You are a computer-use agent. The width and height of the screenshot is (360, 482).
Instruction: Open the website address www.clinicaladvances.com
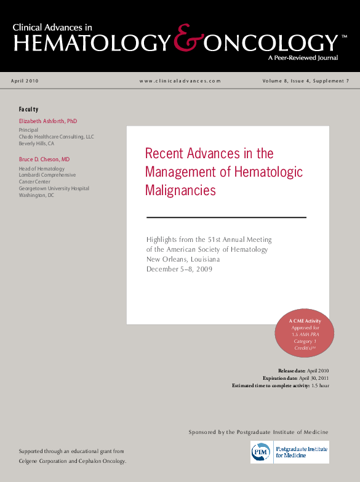(x=180, y=81)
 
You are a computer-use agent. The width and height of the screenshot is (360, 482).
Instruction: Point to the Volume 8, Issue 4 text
(x=284, y=81)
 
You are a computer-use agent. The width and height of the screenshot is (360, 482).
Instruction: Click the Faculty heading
(x=28, y=109)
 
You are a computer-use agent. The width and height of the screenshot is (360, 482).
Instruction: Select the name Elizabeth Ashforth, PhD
(x=48, y=121)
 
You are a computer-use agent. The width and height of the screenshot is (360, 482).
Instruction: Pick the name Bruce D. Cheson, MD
(x=44, y=159)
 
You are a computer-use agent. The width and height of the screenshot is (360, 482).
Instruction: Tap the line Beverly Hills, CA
(x=36, y=143)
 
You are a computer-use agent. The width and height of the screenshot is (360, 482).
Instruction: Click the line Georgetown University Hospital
(x=54, y=188)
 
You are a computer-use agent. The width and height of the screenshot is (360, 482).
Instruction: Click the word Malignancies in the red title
(x=180, y=190)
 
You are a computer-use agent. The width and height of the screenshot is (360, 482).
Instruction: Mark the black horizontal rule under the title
(x=226, y=217)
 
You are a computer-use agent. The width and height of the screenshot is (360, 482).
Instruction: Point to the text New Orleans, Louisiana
(x=183, y=259)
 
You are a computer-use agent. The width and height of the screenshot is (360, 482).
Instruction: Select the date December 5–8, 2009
(x=179, y=269)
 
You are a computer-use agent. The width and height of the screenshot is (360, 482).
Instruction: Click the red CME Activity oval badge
(x=303, y=334)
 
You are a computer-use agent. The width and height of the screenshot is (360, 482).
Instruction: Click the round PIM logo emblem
(x=260, y=452)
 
